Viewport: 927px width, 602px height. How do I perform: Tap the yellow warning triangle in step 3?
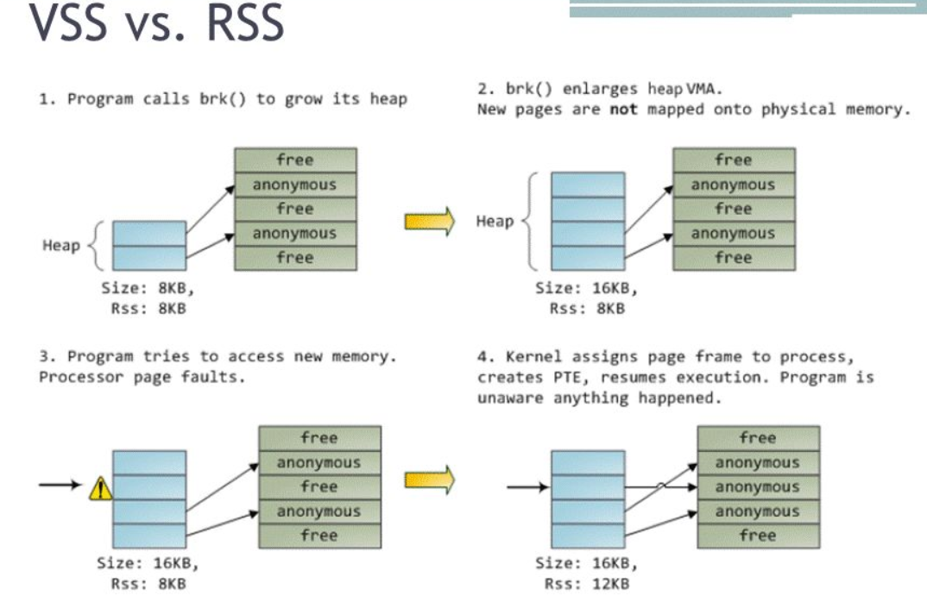tap(101, 489)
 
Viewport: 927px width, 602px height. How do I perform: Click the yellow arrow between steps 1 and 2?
tap(429, 221)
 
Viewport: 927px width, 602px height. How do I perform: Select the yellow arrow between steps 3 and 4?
tap(429, 479)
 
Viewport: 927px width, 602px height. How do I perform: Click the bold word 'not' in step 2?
tap(623, 110)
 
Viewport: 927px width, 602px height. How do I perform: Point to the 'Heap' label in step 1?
tap(61, 246)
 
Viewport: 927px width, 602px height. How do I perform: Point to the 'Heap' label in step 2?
tap(495, 222)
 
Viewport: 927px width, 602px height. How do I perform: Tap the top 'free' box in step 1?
tap(295, 160)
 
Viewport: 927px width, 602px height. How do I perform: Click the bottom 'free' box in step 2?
tap(733, 258)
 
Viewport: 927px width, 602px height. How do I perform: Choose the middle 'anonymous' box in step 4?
tap(757, 487)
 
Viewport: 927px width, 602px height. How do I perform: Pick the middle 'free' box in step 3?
tap(318, 487)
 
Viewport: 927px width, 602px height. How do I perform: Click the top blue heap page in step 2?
tap(588, 185)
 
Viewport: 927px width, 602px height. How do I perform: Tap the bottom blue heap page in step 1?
tap(149, 258)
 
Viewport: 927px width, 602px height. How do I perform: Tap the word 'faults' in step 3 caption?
tap(226, 378)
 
